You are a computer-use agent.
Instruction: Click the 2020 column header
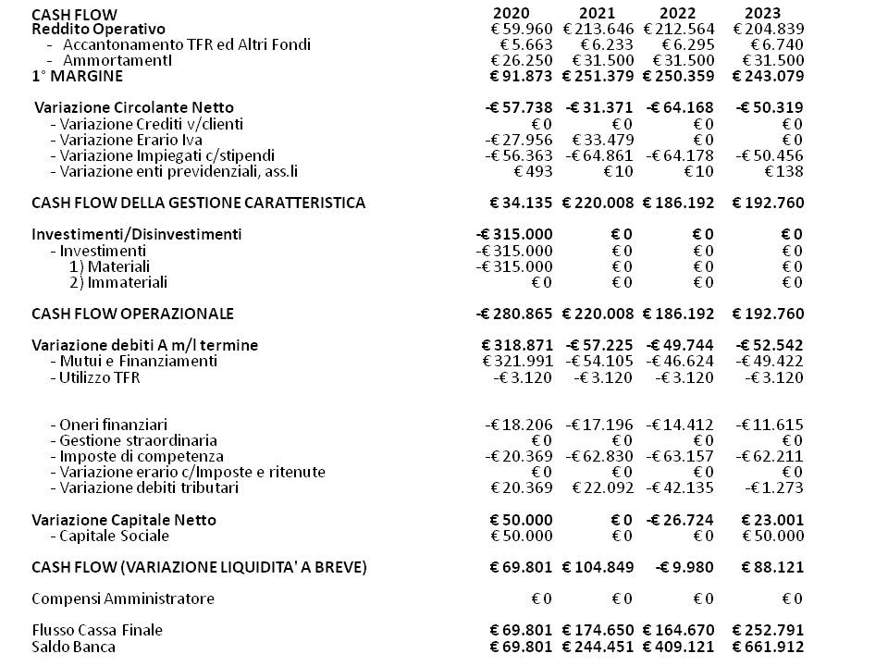[x=512, y=13]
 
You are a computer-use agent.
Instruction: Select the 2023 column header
[x=762, y=13]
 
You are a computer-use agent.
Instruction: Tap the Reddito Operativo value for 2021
[x=598, y=29]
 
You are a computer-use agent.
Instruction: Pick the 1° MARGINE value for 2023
[x=768, y=76]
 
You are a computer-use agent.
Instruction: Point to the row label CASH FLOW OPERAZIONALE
[x=132, y=314]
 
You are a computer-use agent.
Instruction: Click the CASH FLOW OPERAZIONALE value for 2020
[x=514, y=314]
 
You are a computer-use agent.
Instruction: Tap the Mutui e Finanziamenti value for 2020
[x=517, y=361]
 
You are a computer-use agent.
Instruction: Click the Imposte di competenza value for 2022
[x=680, y=456]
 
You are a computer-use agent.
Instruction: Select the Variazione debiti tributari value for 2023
[x=770, y=487]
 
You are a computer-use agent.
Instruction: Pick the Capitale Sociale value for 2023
[x=772, y=536]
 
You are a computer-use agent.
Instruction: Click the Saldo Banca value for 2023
[x=768, y=647]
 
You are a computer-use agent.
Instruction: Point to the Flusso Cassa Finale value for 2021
[x=598, y=631]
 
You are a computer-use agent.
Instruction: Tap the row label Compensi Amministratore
[x=122, y=598]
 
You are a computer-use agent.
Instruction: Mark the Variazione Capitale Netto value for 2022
[x=680, y=520]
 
